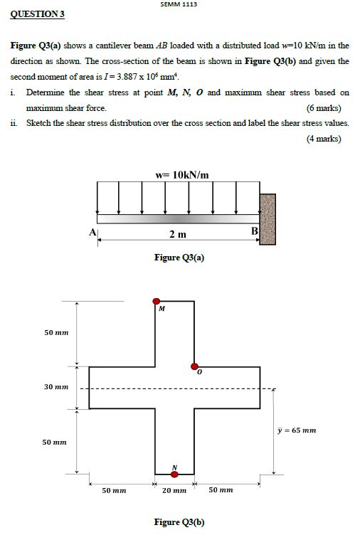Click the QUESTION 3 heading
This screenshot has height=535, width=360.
coord(35,14)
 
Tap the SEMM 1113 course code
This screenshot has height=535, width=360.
coord(179,4)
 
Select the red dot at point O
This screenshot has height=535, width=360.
coord(194,366)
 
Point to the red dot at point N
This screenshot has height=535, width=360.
coord(174,474)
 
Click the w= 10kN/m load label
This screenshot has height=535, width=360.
coord(181,174)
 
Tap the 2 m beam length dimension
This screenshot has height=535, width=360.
coord(178,234)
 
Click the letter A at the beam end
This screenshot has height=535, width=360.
coord(92,232)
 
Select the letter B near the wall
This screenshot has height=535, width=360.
coord(254,231)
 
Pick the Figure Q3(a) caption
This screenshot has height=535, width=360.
coord(179,258)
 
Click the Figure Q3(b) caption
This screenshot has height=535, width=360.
coord(179,522)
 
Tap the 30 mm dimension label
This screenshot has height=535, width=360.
coord(56,388)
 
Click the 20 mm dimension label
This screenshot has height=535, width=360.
coord(174,490)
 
